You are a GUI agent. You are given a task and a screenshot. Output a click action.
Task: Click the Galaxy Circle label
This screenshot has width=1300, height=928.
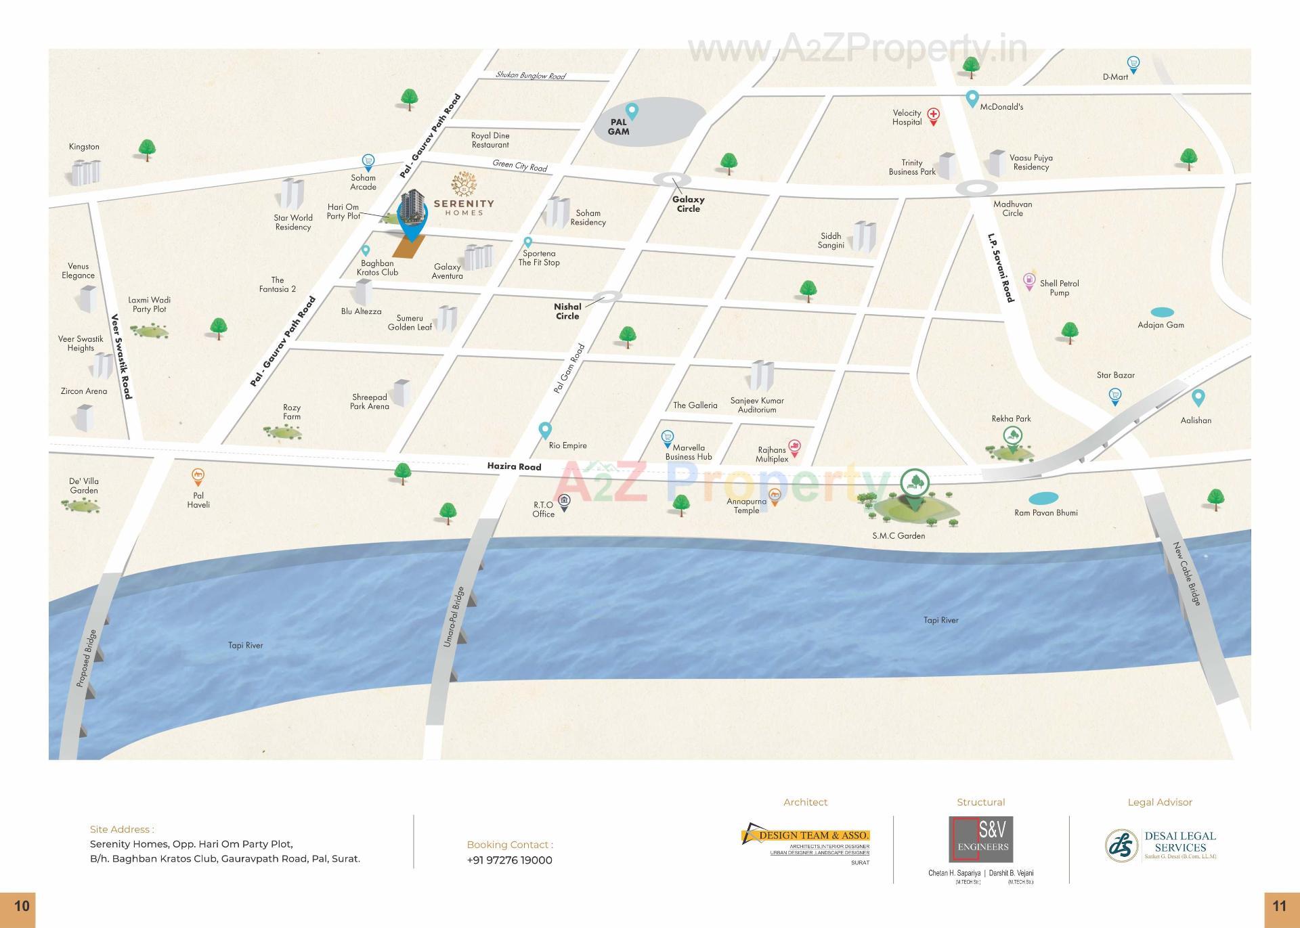click(x=688, y=204)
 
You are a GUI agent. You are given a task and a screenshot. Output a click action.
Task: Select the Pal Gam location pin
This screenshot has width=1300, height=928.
click(x=632, y=110)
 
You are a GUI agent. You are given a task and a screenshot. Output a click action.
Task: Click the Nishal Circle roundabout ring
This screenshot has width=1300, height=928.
click(x=607, y=296)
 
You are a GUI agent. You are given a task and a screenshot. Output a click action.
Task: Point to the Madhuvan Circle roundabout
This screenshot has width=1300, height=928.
click(x=976, y=188)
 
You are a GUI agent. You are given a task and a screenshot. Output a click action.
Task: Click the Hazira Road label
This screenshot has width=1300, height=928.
click(x=514, y=466)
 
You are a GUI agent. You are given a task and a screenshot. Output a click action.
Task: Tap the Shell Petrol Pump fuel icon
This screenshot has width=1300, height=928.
click(x=1029, y=280)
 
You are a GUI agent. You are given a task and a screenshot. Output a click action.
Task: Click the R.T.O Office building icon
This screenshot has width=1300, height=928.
click(x=564, y=502)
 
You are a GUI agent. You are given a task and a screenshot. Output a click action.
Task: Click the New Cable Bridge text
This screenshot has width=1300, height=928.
click(x=1187, y=573)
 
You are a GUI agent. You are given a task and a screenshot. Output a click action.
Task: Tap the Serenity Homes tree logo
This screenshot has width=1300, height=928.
click(x=464, y=184)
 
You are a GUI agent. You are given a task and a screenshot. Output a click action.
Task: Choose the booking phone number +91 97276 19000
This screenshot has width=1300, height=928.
click(x=509, y=860)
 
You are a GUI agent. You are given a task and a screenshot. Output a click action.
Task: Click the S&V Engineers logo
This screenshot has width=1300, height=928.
click(x=980, y=839)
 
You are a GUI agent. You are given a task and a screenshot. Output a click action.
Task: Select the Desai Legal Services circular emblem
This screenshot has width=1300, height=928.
click(x=1122, y=845)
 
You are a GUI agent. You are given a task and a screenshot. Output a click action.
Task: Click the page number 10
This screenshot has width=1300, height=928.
click(x=22, y=906)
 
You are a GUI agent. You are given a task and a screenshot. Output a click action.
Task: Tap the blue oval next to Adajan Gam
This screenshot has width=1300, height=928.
click(x=1162, y=313)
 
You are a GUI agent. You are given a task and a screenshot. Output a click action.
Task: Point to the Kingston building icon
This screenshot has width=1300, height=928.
click(x=86, y=172)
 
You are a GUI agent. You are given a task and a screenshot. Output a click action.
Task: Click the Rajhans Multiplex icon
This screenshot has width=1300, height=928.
click(x=795, y=447)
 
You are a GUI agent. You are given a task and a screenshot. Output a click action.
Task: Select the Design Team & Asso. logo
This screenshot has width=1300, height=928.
click(x=805, y=837)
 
